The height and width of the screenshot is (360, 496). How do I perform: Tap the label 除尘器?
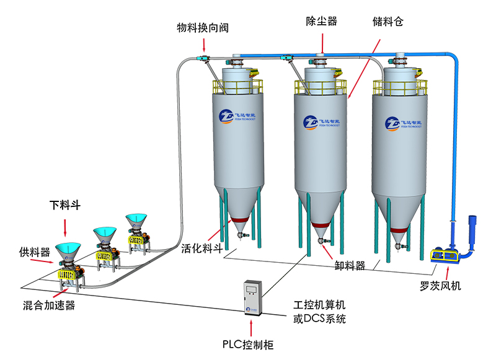click(x=321, y=21)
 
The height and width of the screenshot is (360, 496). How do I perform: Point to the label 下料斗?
click(x=66, y=204)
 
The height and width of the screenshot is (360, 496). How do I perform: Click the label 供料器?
click(x=34, y=252)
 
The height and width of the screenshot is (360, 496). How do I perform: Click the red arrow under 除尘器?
click(x=322, y=43)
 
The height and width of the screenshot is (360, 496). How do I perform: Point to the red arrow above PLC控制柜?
click(x=251, y=328)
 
